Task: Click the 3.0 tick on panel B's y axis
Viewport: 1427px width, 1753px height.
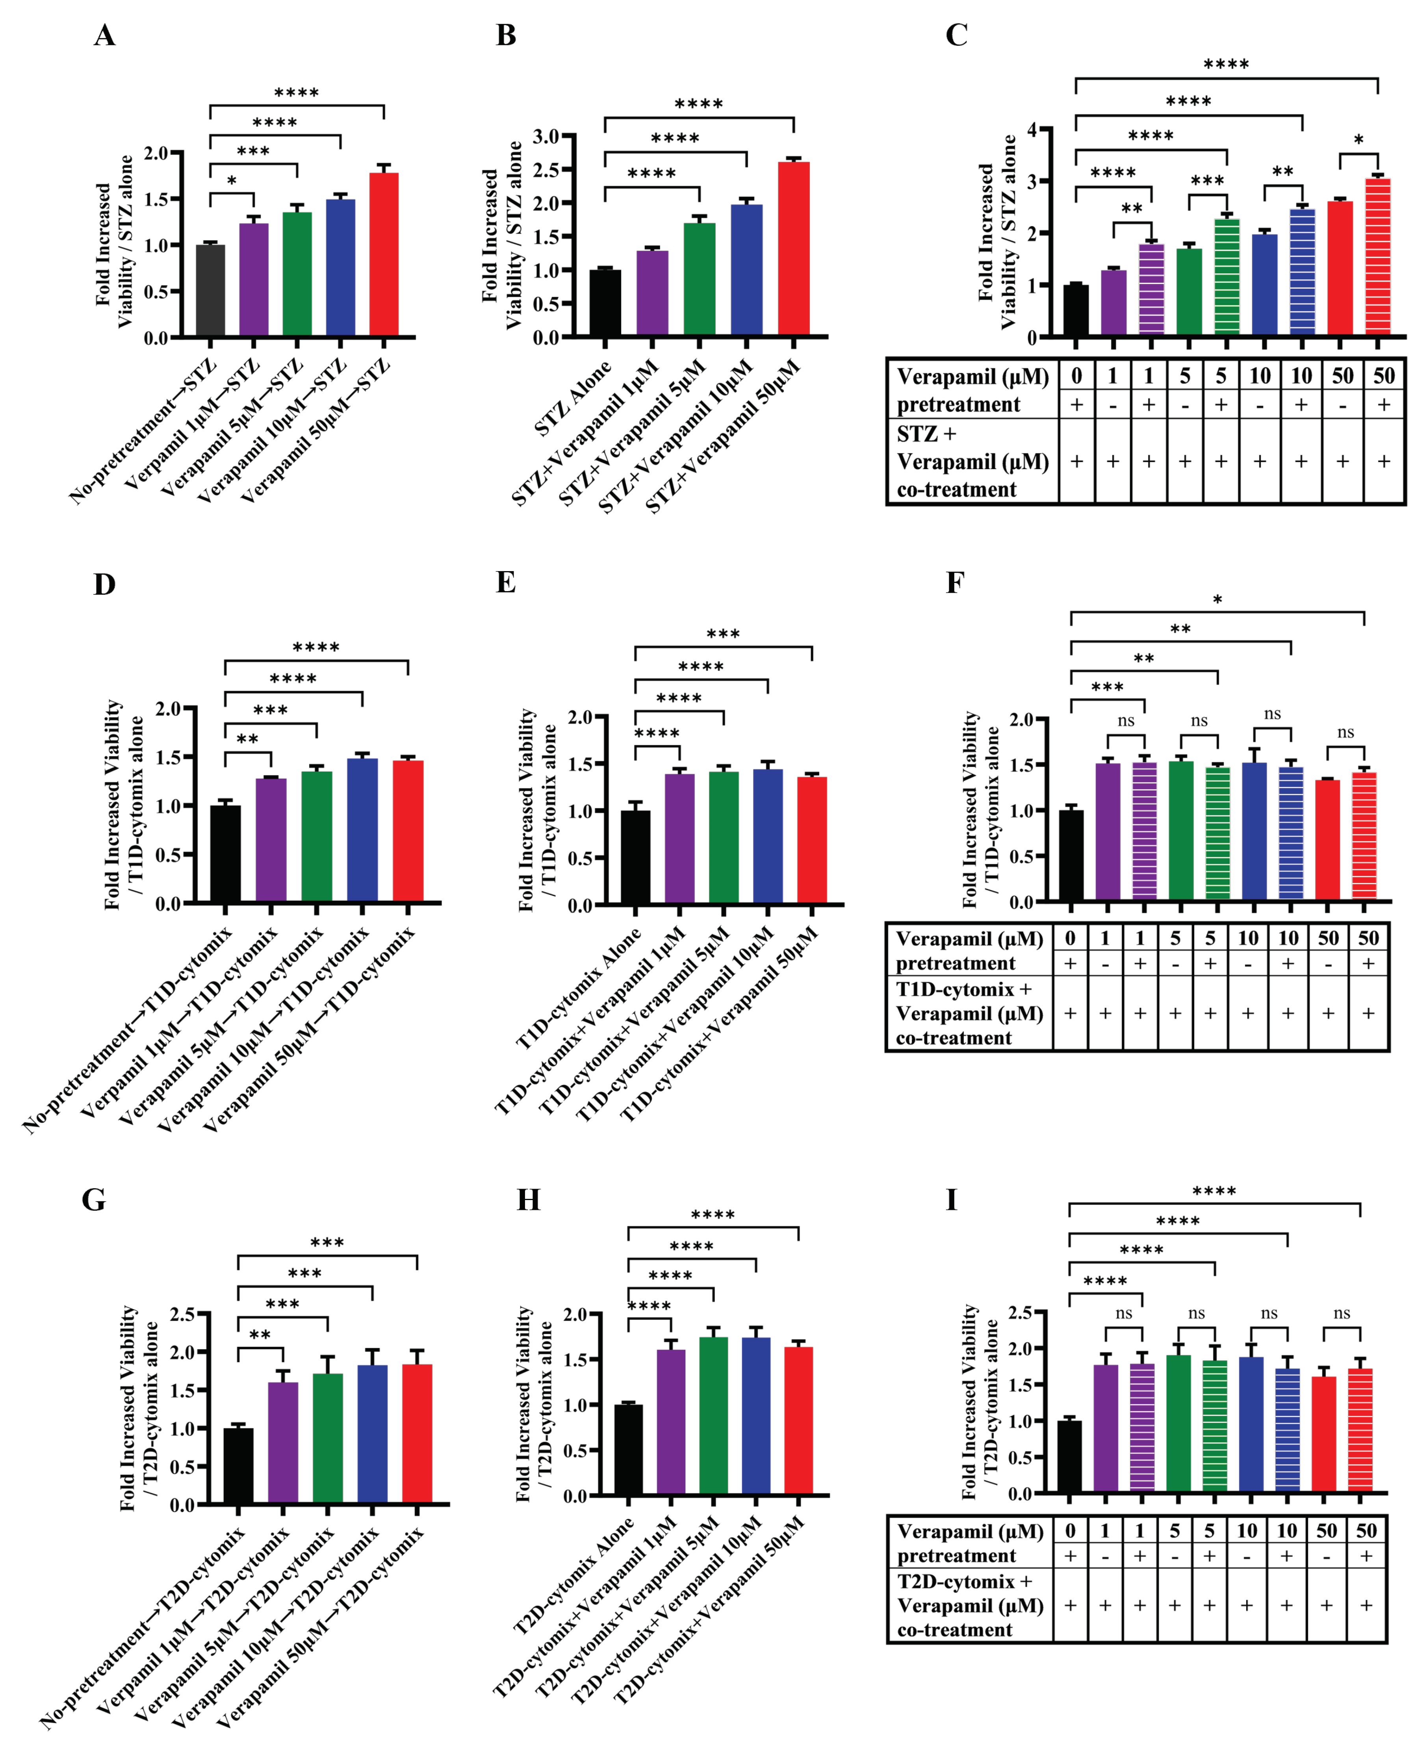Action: (x=546, y=136)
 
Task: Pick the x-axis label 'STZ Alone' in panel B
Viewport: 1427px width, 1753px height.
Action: (x=573, y=399)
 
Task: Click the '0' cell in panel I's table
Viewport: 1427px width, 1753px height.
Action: (x=1070, y=1530)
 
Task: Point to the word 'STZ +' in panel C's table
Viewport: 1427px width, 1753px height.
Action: (x=926, y=433)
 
